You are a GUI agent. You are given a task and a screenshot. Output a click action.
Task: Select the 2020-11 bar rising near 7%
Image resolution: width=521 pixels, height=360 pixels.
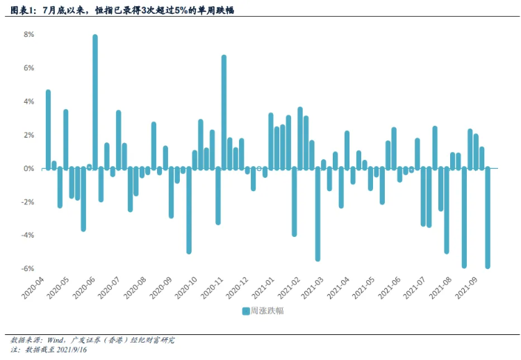(224, 111)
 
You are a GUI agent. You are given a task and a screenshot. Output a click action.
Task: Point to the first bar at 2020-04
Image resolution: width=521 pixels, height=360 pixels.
(48, 129)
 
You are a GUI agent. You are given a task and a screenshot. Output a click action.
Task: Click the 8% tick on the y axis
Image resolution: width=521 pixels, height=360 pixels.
(28, 34)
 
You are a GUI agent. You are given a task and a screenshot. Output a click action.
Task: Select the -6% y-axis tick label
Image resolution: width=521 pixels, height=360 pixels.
(27, 269)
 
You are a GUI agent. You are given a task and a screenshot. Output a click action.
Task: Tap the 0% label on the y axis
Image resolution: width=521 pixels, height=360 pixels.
(28, 168)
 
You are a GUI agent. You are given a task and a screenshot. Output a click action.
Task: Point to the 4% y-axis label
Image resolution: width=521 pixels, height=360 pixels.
(28, 101)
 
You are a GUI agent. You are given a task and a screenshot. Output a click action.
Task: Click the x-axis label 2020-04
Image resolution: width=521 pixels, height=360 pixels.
(33, 286)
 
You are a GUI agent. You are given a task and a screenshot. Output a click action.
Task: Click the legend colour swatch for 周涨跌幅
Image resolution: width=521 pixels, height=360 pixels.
(246, 311)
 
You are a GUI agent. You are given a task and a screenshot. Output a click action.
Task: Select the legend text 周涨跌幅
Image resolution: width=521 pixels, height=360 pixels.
(267, 311)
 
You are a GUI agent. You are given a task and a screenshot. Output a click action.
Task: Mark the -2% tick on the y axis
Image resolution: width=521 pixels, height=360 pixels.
(27, 202)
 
